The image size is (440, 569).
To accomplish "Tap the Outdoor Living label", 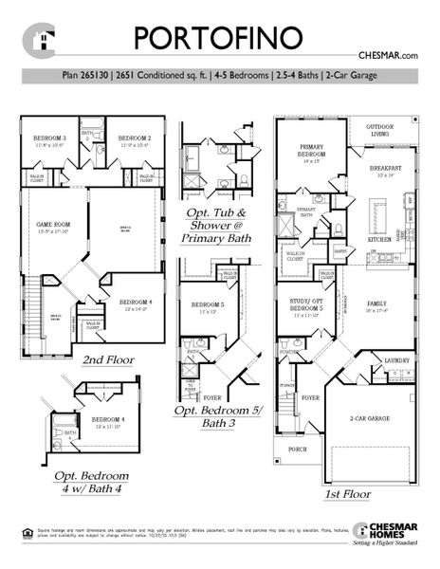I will [x=380, y=129].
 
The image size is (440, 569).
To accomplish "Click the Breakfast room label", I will [x=386, y=170].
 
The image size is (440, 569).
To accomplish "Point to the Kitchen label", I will [x=379, y=239].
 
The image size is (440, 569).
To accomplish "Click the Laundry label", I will [x=398, y=361].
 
